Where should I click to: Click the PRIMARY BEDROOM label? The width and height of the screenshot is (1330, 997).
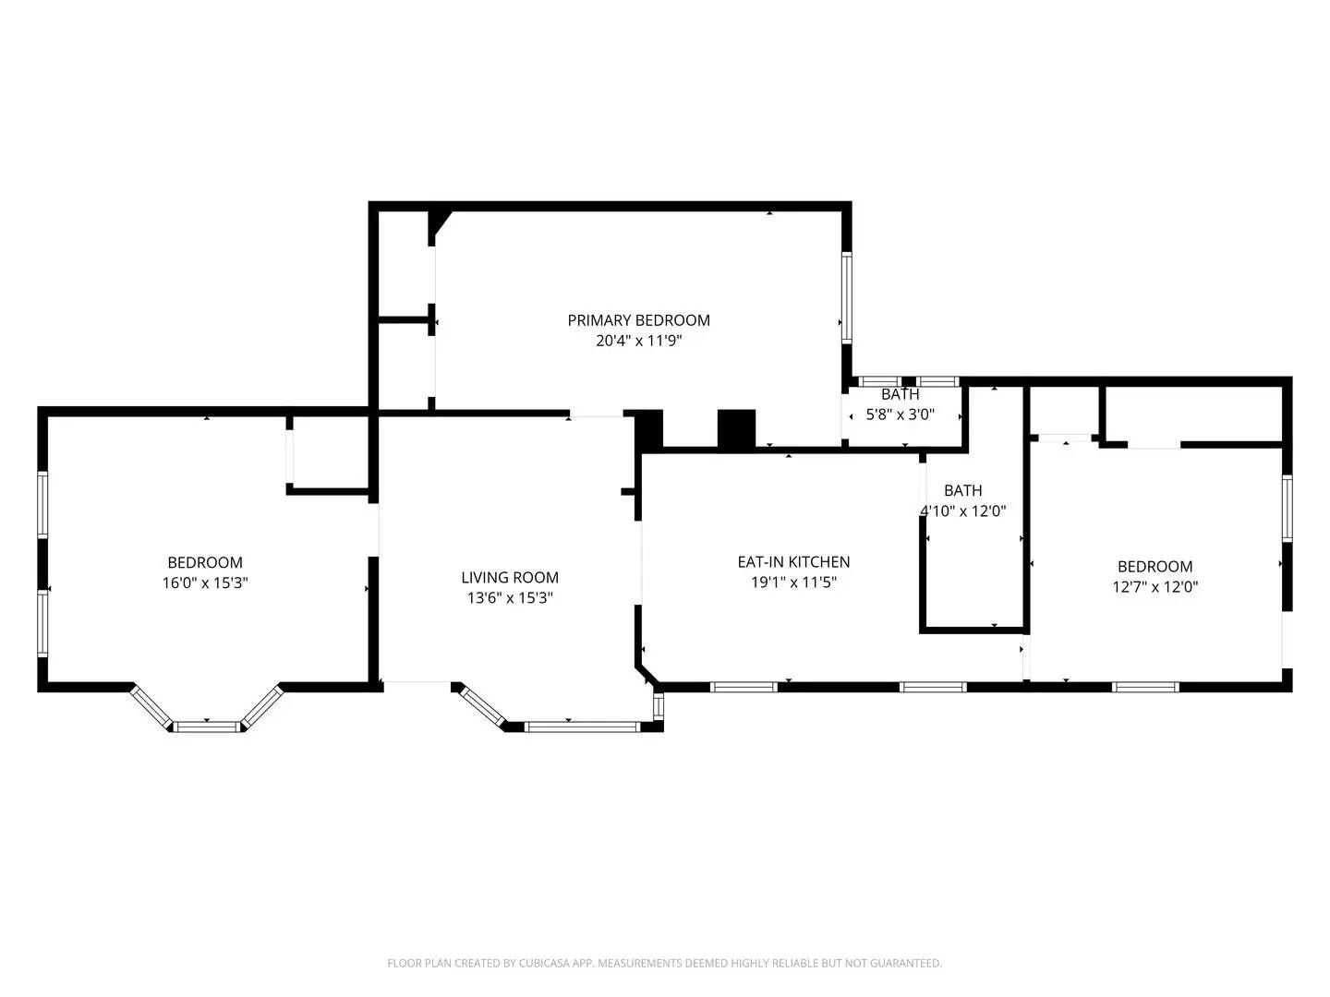point(638,320)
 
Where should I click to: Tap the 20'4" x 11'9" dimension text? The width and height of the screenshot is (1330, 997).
point(638,341)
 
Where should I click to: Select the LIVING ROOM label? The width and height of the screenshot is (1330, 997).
point(510,578)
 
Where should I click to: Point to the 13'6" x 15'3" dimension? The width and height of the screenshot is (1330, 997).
point(510,598)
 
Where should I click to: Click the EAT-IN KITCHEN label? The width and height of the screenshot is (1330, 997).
point(793,562)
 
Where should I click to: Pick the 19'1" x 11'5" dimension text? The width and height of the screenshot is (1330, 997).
point(793,583)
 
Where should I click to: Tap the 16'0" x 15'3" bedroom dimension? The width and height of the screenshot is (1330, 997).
point(205,583)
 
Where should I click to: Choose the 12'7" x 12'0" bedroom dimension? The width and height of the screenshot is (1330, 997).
point(1155,587)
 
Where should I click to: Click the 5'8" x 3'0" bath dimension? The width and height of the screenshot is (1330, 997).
point(900,414)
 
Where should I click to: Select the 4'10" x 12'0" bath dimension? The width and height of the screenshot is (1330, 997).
point(962,511)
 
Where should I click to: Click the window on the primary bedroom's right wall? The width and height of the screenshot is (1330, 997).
point(846,298)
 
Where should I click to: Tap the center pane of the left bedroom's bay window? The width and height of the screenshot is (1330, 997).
point(207,727)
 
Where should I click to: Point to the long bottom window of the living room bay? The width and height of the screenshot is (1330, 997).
point(581,727)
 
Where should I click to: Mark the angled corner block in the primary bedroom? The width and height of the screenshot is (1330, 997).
point(439,225)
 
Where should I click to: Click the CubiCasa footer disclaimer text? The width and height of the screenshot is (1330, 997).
point(664,963)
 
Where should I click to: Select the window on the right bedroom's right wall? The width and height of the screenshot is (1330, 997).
point(1287,508)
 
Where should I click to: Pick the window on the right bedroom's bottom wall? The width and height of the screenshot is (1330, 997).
point(1145,687)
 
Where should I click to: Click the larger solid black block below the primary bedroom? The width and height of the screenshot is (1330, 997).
point(736,429)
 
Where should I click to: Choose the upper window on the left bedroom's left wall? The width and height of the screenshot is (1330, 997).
point(42,504)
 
